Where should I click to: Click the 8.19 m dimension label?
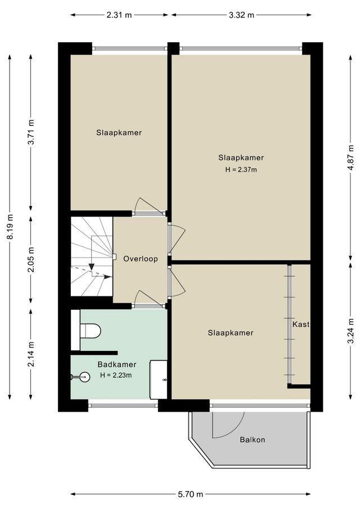pos(10,227)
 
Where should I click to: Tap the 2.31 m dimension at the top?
pos(119,15)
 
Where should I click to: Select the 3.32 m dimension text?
pos(241,15)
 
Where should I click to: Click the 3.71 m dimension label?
pos(31,133)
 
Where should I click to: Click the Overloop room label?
pos(140,259)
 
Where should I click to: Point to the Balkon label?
pos(251,440)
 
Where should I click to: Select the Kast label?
pos(301,325)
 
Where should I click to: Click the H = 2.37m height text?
pos(241,169)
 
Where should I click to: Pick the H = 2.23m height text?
pos(115,375)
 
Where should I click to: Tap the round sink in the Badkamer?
pos(83,377)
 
